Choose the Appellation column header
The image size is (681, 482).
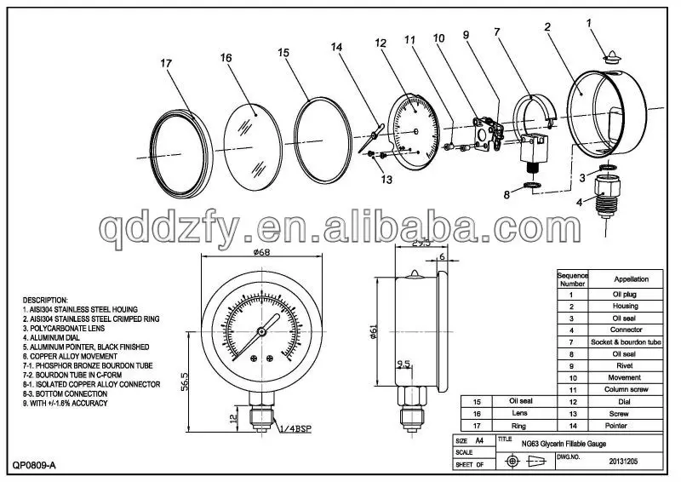pos(631,278)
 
